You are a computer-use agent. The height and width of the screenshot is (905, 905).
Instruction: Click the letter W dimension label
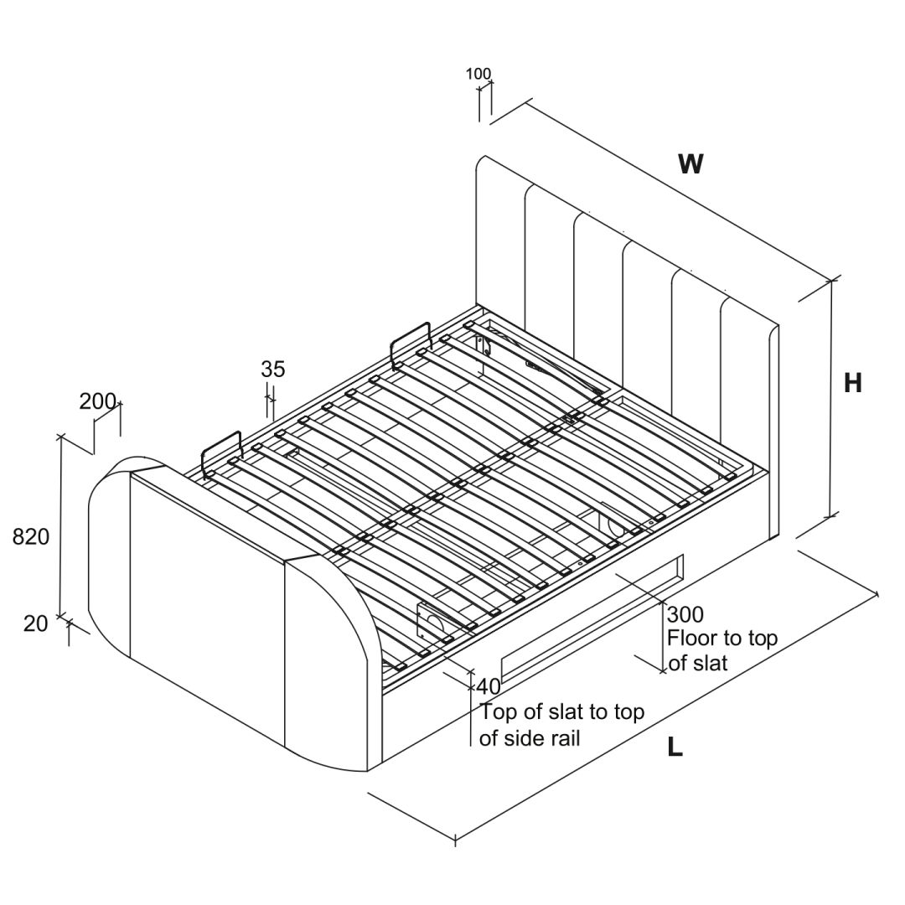(690, 163)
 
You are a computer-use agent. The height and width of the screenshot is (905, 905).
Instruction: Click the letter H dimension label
(852, 383)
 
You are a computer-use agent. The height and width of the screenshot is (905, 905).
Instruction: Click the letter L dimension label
(675, 747)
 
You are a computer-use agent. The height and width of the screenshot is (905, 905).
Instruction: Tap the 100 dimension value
(478, 74)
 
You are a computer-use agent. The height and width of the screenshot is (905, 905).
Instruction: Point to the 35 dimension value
(273, 369)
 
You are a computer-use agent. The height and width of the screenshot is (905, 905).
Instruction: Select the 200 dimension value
(97, 401)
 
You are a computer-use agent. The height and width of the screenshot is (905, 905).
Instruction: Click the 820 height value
(31, 537)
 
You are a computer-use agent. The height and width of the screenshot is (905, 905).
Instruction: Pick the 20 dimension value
(36, 623)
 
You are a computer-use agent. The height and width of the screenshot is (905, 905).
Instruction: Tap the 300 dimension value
(685, 614)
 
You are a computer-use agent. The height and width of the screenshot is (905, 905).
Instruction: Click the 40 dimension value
(489, 686)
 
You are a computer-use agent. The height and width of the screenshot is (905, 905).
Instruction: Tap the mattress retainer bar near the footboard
(222, 452)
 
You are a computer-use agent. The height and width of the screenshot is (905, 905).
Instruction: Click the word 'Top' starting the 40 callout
(497, 712)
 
